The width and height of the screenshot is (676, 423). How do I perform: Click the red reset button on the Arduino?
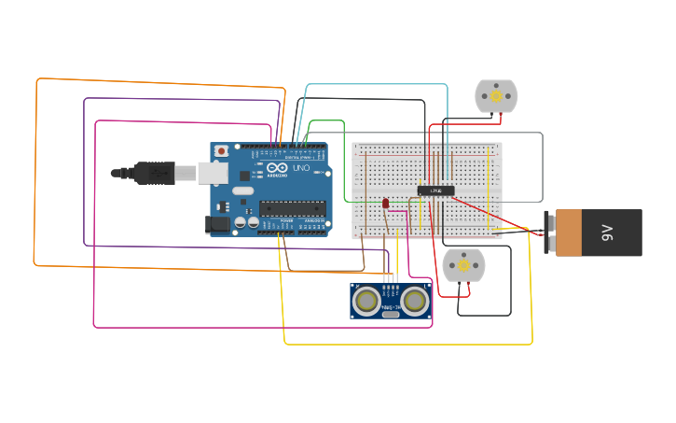221,150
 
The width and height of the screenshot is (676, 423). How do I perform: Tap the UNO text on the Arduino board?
301,168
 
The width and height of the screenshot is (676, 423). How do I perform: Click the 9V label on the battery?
608,233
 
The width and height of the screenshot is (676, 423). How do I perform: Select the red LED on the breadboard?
385,203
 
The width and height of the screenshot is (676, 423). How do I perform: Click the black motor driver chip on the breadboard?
435,190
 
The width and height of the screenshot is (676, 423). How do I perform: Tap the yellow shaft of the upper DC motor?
496,96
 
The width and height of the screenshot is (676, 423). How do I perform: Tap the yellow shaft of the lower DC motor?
463,266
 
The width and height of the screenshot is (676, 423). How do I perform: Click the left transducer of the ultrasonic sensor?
367,300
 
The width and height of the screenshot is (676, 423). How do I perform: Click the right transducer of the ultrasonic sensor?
415,300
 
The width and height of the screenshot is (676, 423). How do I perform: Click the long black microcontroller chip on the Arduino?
292,208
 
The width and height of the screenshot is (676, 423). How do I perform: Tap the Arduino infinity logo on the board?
277,168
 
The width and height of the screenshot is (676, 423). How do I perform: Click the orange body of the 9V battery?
568,233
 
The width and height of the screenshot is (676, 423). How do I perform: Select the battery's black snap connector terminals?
549,233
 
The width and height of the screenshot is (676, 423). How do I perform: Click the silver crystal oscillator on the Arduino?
243,191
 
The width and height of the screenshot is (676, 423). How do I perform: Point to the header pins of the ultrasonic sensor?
391,277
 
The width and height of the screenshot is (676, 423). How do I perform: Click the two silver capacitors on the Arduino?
246,222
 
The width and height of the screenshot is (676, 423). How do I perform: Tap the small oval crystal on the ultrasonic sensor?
391,314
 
